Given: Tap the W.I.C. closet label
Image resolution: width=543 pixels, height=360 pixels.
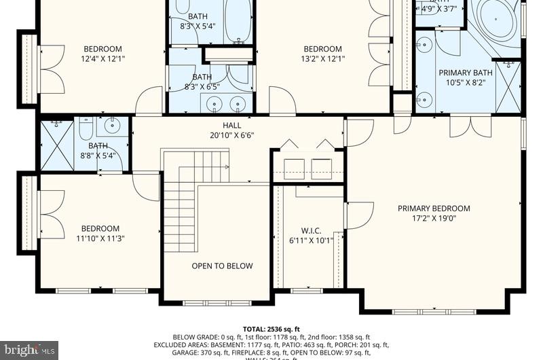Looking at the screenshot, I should [x=311, y=230].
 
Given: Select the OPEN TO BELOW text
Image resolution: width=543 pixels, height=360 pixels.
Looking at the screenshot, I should [x=222, y=266].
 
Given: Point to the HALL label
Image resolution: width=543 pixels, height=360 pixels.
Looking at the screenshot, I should [x=231, y=126].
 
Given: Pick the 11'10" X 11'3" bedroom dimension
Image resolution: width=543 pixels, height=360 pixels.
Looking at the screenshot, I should [x=100, y=238].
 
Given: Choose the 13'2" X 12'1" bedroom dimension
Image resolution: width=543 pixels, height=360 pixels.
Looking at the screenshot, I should [x=322, y=59].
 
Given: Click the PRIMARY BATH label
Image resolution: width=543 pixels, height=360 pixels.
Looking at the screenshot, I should [x=465, y=73].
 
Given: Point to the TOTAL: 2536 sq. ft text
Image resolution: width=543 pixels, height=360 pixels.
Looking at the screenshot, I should [x=271, y=329].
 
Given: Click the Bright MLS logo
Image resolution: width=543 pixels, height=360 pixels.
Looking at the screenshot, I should [x=29, y=350].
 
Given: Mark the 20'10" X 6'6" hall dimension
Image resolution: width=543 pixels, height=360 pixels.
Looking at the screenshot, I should [x=231, y=135].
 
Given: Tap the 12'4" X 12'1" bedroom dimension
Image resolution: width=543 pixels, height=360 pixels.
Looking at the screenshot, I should [x=102, y=59].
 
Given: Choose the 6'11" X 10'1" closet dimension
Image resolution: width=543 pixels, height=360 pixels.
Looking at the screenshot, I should [x=311, y=240].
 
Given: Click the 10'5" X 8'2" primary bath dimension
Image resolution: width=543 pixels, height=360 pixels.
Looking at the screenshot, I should [x=465, y=83].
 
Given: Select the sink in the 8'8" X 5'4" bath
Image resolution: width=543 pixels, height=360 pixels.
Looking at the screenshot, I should [x=111, y=126].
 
